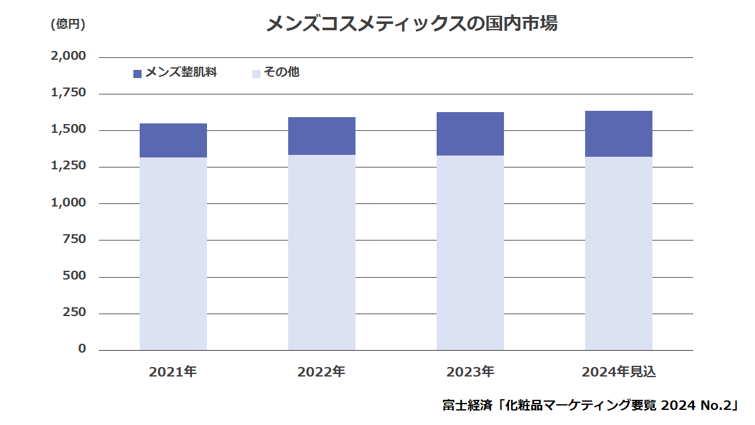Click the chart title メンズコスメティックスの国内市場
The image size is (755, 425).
pyautogui.click(x=412, y=24)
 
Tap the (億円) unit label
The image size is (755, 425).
pyautogui.click(x=67, y=25)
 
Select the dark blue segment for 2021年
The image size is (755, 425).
pyautogui.click(x=173, y=140)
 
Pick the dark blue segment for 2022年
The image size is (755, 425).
pyautogui.click(x=322, y=136)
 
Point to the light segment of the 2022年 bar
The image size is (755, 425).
pyautogui.click(x=322, y=252)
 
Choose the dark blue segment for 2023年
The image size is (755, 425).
pyautogui.click(x=470, y=133)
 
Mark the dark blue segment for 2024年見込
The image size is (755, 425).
pyautogui.click(x=618, y=133)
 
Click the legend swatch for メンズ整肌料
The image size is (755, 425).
pyautogui.click(x=138, y=74)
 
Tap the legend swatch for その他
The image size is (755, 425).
pyautogui.click(x=256, y=74)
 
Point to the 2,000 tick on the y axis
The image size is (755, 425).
pyautogui.click(x=68, y=57)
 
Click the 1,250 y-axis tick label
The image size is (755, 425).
pyautogui.click(x=68, y=167)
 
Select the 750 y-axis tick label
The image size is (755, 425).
pyautogui.click(x=74, y=240)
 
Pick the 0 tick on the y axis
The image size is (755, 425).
pyautogui.click(x=82, y=349)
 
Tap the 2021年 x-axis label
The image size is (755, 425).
pyautogui.click(x=173, y=372)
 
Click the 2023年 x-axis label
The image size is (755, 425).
pyautogui.click(x=470, y=372)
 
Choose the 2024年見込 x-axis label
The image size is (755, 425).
pyautogui.click(x=618, y=372)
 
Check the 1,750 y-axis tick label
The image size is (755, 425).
pyautogui.click(x=68, y=93)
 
